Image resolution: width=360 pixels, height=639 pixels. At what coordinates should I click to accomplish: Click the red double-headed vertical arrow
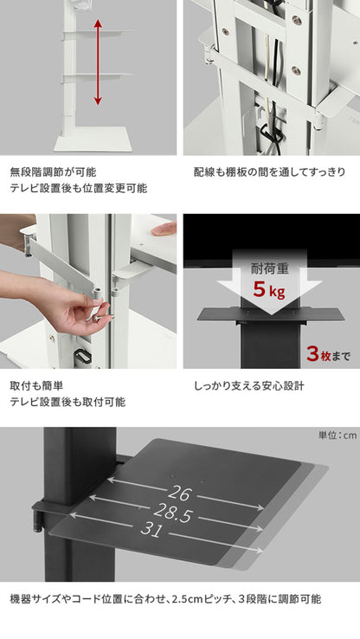(97, 63)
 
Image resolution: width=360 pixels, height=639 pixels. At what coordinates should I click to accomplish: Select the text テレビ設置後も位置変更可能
(78, 188)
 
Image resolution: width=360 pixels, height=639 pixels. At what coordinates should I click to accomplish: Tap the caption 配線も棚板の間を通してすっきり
(270, 171)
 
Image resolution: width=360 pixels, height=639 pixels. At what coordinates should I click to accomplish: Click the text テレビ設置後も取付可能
(67, 402)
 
